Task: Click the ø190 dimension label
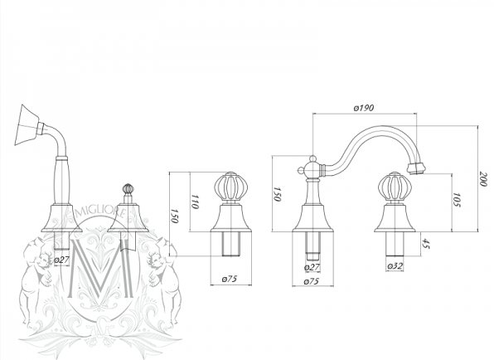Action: tap(364, 108)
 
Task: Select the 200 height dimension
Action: tap(482, 178)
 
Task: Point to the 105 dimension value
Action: tap(457, 200)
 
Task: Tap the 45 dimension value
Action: tap(426, 244)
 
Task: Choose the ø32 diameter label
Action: tap(395, 266)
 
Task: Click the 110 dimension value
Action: tap(195, 202)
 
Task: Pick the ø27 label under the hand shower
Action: tap(61, 260)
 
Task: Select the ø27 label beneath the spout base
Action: tap(312, 267)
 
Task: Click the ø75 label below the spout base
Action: tap(312, 281)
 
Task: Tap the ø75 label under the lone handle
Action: tap(230, 279)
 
